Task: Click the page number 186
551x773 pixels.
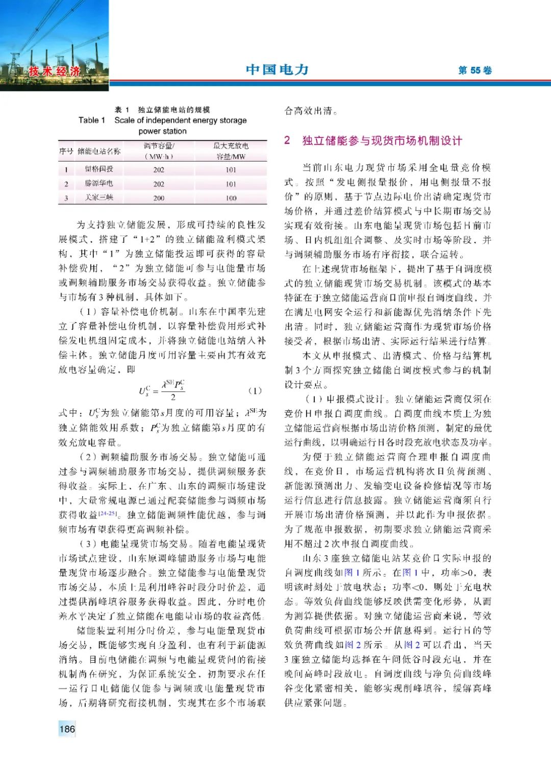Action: (67, 729)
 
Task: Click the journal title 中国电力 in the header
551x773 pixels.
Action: (277, 69)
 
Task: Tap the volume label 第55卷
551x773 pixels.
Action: (474, 70)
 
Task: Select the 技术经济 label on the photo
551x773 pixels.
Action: (55, 71)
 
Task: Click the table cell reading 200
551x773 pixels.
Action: (159, 198)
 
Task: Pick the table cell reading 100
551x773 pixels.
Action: (231, 198)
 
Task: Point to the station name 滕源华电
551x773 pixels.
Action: (99, 184)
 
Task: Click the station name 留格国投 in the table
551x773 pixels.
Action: (99, 169)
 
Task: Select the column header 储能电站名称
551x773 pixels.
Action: (99, 151)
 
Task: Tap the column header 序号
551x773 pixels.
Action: (66, 151)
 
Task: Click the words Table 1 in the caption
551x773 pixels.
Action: (92, 120)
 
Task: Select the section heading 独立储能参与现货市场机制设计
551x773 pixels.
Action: (382, 141)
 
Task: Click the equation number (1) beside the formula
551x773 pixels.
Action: (255, 391)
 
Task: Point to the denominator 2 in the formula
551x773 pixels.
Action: (173, 397)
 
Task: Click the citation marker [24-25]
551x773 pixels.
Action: (108, 513)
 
